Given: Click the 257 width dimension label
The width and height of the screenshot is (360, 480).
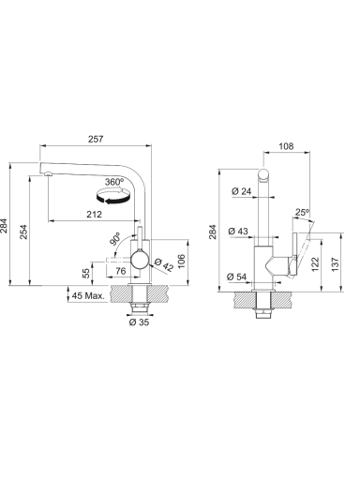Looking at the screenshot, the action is pos(96,139).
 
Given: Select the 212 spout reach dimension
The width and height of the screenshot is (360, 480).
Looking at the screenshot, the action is pos(94,215).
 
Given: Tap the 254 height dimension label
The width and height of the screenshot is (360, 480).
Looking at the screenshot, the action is pos(23,232).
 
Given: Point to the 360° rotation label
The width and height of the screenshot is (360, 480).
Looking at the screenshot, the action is pos(113,182).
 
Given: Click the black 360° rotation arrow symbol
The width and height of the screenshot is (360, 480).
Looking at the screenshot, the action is pos(112,196).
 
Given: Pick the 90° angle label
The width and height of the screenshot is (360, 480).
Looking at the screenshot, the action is pos(114,238).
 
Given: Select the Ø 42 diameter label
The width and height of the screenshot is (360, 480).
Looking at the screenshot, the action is pos(163,264).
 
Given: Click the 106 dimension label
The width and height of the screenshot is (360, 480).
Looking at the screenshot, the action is pos(181,262).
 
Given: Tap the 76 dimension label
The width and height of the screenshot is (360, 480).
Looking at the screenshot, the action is pos(121,271).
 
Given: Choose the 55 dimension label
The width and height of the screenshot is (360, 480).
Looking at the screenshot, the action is pos(86,273).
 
